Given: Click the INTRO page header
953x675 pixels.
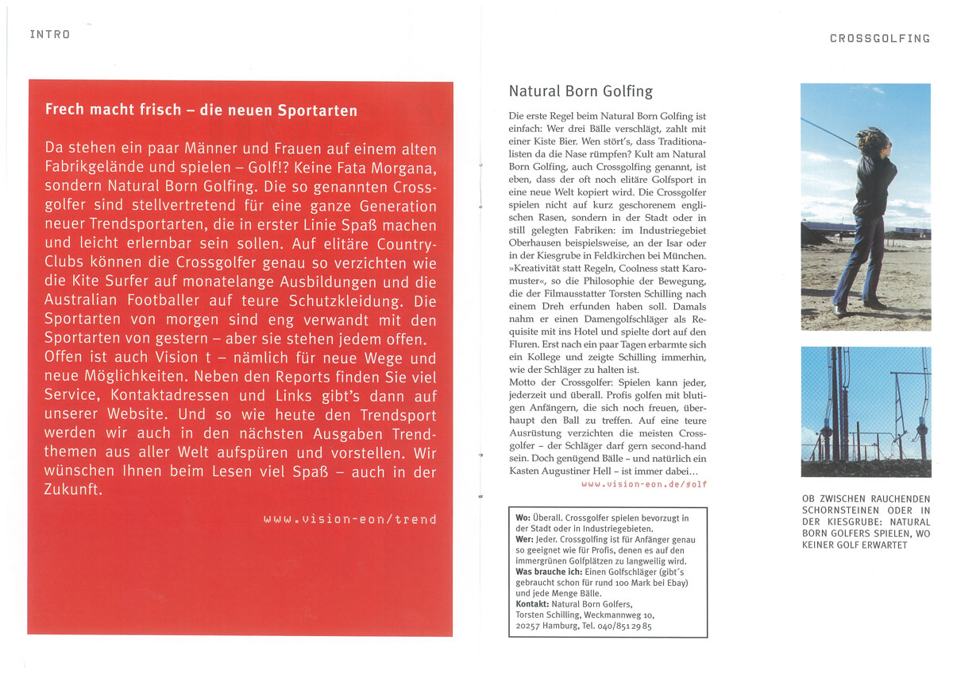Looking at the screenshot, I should (x=49, y=34).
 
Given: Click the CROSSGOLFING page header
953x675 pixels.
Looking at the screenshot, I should (x=879, y=38).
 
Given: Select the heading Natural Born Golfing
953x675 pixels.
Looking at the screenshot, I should (x=581, y=91).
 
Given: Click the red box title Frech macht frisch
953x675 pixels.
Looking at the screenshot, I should (x=201, y=110).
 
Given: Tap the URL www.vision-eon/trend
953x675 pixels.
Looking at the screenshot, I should (x=350, y=519).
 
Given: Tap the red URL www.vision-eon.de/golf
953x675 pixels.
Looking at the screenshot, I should (x=644, y=483).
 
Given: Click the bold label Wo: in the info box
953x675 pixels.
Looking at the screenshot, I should (x=523, y=518).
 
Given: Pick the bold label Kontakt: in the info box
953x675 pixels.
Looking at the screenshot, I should (x=532, y=604).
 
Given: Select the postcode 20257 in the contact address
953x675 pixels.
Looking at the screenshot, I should (x=529, y=626).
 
